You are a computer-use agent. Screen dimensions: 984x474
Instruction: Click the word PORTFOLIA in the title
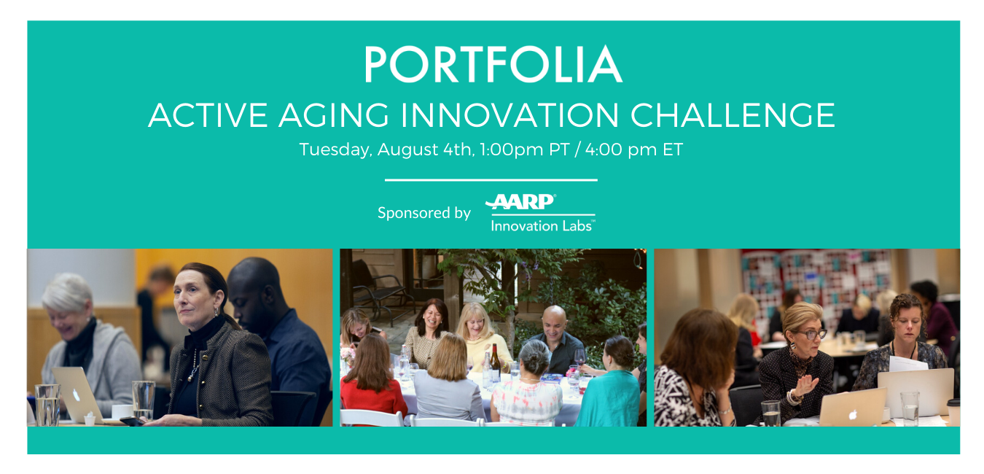click(x=493, y=64)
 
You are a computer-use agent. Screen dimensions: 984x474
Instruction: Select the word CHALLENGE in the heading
click(x=733, y=115)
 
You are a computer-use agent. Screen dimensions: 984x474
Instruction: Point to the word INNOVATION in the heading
click(x=509, y=115)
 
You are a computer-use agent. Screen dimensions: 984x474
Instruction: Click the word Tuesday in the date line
click(x=335, y=150)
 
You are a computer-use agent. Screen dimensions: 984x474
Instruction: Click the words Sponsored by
click(x=424, y=213)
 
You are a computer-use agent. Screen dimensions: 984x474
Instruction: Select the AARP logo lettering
click(x=520, y=202)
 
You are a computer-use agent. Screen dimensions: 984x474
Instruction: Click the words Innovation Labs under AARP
click(x=542, y=226)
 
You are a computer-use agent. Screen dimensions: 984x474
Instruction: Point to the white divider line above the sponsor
click(x=491, y=180)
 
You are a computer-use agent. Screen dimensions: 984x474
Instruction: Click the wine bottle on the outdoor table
click(x=495, y=363)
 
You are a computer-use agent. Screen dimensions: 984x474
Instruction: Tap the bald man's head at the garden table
click(x=553, y=321)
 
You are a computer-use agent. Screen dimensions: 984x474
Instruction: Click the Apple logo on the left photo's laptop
click(x=77, y=395)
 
